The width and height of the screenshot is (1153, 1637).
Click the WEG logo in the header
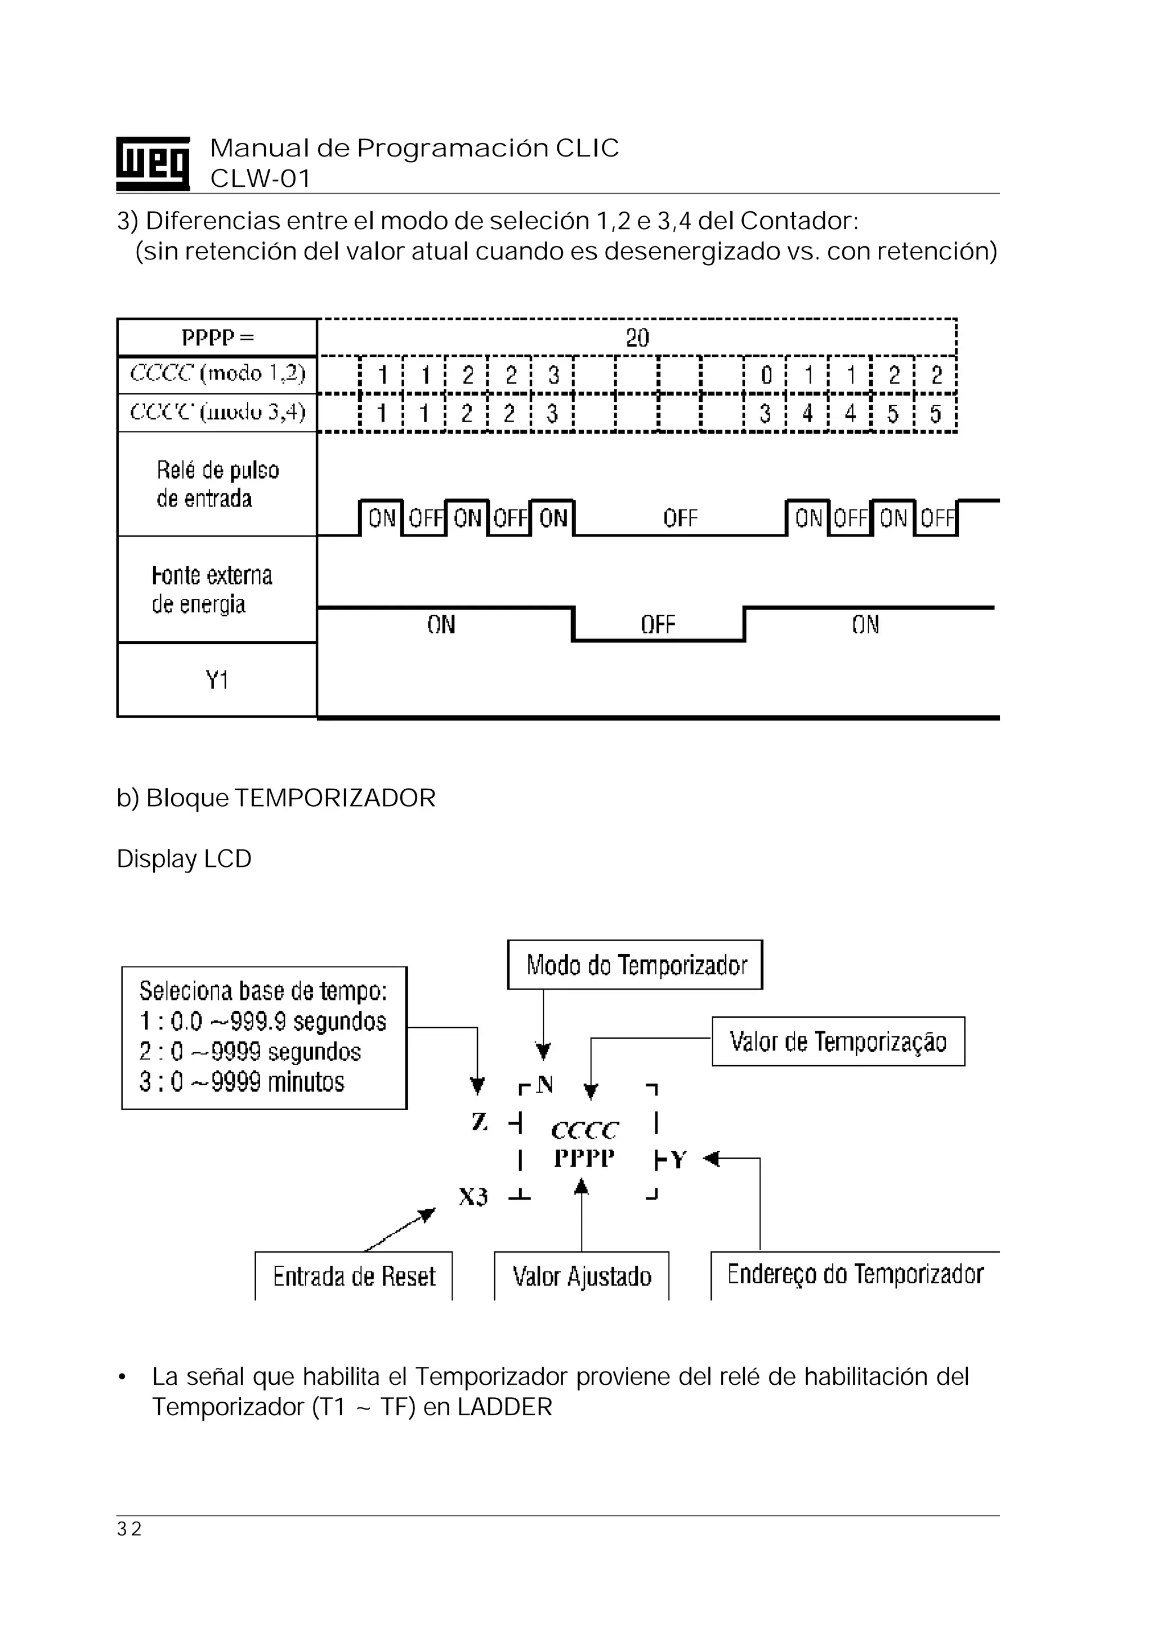(x=153, y=163)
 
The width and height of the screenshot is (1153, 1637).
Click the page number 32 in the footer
(x=129, y=1528)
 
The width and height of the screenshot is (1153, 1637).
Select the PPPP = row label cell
(x=217, y=337)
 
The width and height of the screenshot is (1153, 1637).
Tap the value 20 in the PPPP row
(x=637, y=337)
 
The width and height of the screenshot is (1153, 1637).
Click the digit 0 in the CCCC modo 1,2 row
(x=766, y=375)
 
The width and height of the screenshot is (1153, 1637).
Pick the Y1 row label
(x=217, y=680)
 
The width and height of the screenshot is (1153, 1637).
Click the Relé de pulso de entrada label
(x=217, y=484)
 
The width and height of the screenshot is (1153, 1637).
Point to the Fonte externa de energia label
(x=212, y=589)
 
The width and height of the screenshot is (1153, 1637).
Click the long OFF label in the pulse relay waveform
(x=680, y=518)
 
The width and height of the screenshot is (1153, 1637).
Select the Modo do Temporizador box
(x=635, y=965)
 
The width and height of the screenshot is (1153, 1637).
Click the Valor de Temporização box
(x=838, y=1041)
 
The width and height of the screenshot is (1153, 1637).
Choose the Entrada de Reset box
(x=354, y=1276)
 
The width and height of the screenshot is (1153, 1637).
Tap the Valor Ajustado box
(x=582, y=1276)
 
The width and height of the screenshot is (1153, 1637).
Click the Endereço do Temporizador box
(x=855, y=1274)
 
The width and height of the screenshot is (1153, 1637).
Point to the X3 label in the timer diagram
(x=473, y=1196)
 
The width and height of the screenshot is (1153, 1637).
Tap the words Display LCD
(x=184, y=858)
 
